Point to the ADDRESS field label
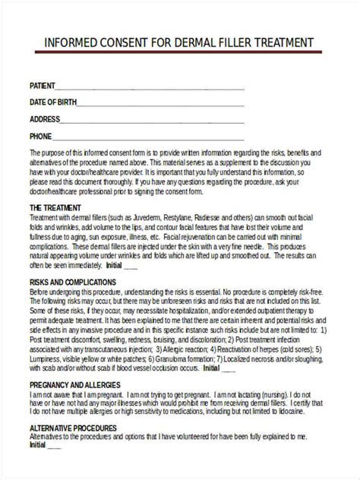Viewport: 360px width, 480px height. (43, 118)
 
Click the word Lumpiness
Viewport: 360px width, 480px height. (46, 358)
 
